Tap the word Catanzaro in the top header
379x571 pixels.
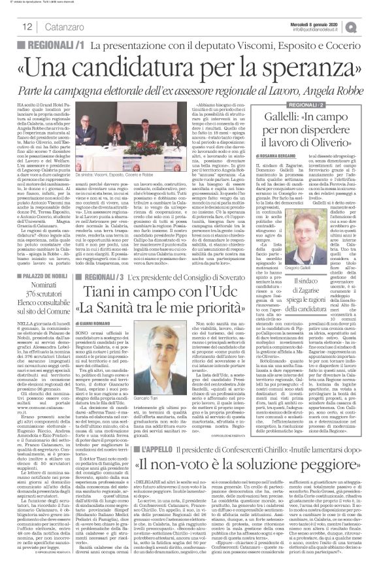(x=61, y=26)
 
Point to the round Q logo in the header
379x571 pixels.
(x=370, y=25)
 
